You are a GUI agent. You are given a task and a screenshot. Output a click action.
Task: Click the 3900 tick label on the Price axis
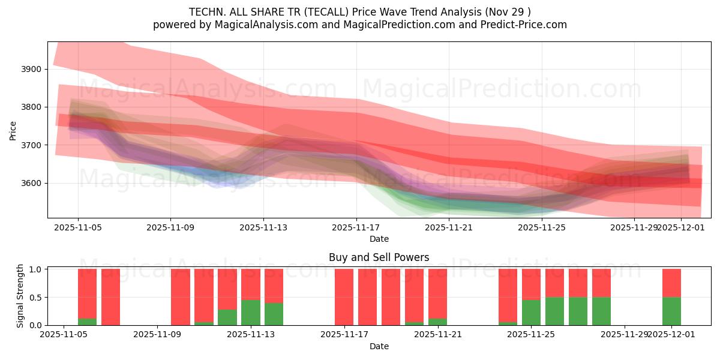pos(31,69)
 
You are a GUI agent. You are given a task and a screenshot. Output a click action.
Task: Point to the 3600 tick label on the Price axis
pos(31,183)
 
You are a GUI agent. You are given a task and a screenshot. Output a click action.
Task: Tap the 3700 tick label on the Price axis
pos(31,145)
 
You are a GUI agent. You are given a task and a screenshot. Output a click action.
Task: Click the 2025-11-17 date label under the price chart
pos(356,228)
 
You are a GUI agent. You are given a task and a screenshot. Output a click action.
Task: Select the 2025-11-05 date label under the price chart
pos(78,228)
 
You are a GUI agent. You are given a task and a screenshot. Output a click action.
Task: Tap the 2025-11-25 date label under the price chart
pos(542,228)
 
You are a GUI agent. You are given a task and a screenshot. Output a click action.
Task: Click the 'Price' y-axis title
pos(13,130)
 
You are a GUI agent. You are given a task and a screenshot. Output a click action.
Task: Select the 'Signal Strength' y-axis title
pos(20,296)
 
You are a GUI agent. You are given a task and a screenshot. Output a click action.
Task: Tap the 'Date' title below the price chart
pos(379,239)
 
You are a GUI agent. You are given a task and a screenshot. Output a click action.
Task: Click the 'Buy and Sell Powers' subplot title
pos(379,257)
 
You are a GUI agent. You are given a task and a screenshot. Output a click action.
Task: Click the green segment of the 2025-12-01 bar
pos(671,311)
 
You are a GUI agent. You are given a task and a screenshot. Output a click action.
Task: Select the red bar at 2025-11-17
pos(344,297)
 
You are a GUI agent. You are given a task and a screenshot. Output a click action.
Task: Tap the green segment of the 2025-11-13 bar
pos(251,312)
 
